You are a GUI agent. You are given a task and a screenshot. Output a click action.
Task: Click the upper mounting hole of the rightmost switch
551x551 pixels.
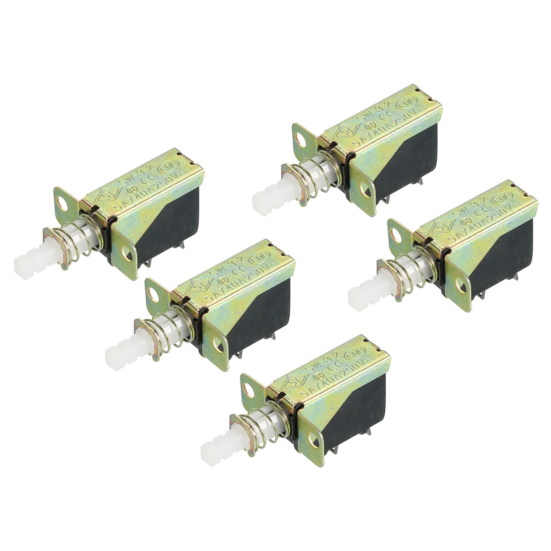tap(396, 236)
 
